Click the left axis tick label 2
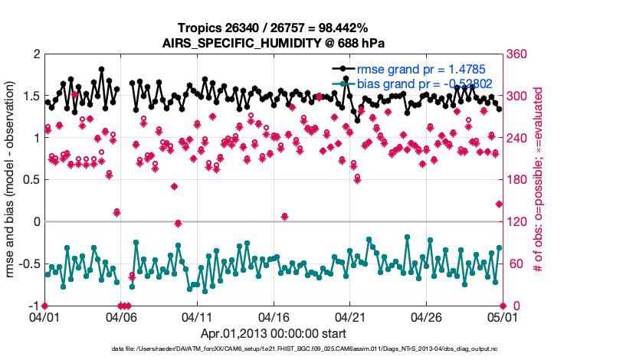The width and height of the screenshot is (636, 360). tap(35, 54)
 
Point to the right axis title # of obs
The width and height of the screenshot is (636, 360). tap(539, 180)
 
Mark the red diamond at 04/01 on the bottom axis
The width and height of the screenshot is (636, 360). tap(45, 306)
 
